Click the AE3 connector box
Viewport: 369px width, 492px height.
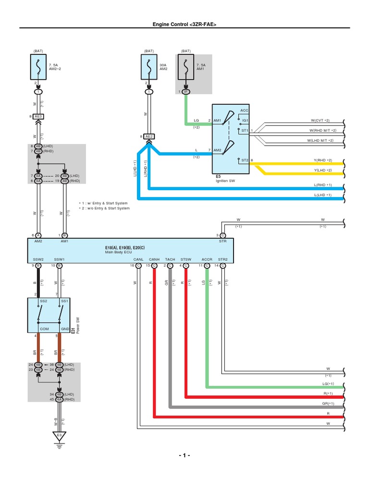tap(39, 116)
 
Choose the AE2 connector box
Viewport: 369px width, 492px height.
tap(149, 136)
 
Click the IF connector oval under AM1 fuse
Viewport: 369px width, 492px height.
tap(186, 91)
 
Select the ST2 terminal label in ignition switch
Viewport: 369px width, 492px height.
tap(244, 160)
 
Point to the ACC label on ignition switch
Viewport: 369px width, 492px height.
tap(245, 111)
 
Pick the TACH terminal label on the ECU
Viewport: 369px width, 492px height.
tap(170, 259)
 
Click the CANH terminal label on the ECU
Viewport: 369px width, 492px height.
tap(154, 259)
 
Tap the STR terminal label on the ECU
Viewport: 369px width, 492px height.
tap(222, 241)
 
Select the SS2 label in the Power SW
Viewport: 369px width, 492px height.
tap(43, 301)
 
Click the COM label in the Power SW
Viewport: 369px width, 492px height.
tap(44, 329)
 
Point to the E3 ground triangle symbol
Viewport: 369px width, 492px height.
tap(60, 436)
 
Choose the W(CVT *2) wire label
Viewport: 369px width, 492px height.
tap(323, 120)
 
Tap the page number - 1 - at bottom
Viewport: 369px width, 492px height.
tap(184, 455)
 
